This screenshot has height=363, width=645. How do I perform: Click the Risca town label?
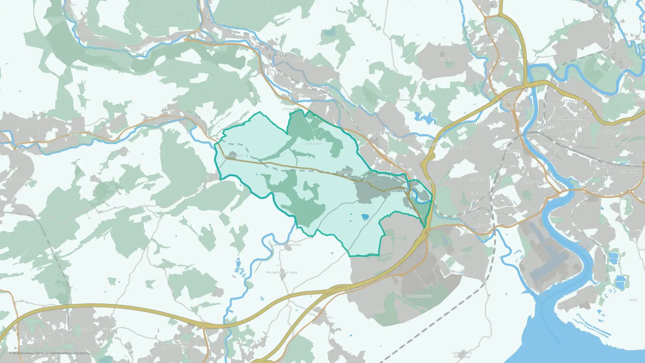point(280,55)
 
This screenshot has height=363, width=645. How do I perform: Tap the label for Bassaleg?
point(396,191)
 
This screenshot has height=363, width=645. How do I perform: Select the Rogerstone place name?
point(380,133)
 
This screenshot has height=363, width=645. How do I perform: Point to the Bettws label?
point(443,60)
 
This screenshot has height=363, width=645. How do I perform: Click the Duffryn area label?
point(465,254)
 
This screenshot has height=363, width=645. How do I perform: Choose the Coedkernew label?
point(419,296)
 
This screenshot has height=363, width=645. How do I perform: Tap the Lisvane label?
point(85,329)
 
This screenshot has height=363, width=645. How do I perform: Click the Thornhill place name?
point(41,341)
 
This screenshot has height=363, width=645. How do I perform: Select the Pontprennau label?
point(175,345)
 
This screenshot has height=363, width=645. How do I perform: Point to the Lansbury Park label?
point(18,179)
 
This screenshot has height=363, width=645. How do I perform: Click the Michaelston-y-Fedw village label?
point(282,273)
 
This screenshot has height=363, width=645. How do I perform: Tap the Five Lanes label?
point(314,144)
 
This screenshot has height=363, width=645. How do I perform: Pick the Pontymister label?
point(303,96)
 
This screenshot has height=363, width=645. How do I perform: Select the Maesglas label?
point(482,226)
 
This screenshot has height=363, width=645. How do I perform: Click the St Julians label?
point(573,101)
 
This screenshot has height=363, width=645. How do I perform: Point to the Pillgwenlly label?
point(536,183)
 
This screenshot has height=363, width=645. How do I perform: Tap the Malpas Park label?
point(503,37)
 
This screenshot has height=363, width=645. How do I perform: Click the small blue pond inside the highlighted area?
point(365,217)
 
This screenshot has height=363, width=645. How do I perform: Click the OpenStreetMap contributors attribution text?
point(69,353)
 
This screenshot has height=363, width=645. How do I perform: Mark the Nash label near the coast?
point(633,300)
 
